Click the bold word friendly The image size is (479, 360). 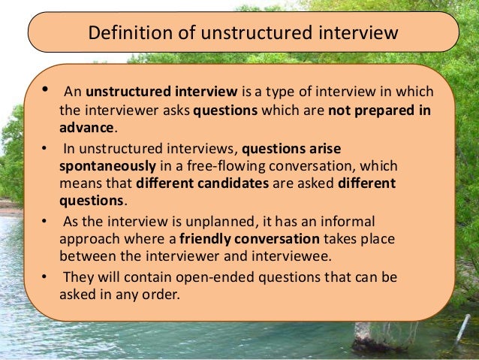[214, 239]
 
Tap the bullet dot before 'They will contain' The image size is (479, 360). [44, 277]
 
